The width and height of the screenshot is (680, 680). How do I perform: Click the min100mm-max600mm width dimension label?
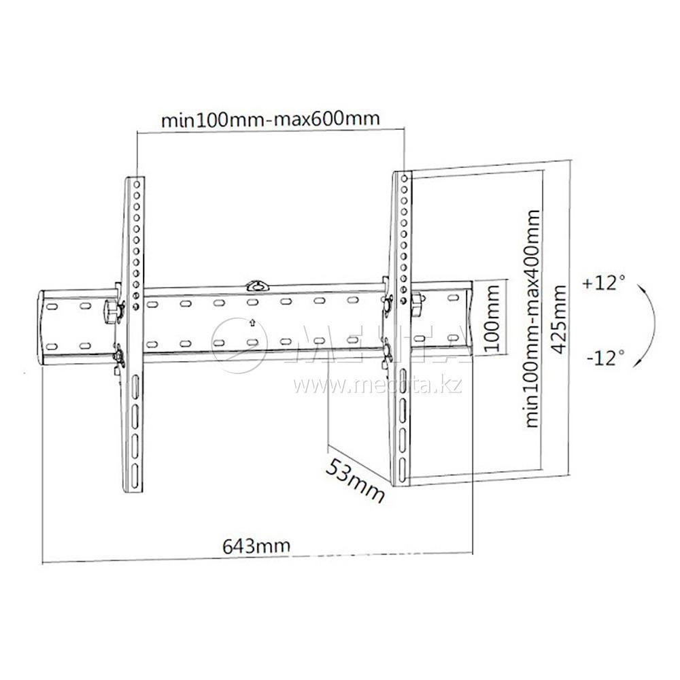click(x=269, y=119)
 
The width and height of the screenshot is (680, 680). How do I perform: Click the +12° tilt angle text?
click(x=602, y=284)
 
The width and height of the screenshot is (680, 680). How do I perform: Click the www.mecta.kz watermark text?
click(x=377, y=386)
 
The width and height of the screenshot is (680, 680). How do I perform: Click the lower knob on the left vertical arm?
click(x=117, y=355)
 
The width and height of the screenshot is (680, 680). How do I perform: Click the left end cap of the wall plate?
click(x=42, y=326)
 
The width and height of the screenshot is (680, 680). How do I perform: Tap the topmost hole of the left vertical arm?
click(x=137, y=184)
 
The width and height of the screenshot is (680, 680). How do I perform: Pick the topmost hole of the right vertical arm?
click(x=405, y=177)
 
